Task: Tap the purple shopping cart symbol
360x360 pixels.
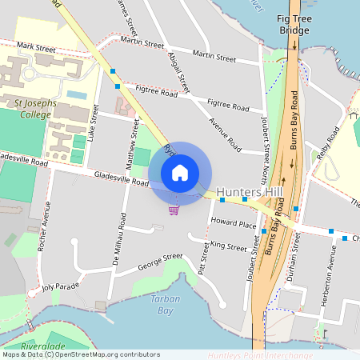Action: [x=174, y=210]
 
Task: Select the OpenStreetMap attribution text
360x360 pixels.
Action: [x=81, y=354]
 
